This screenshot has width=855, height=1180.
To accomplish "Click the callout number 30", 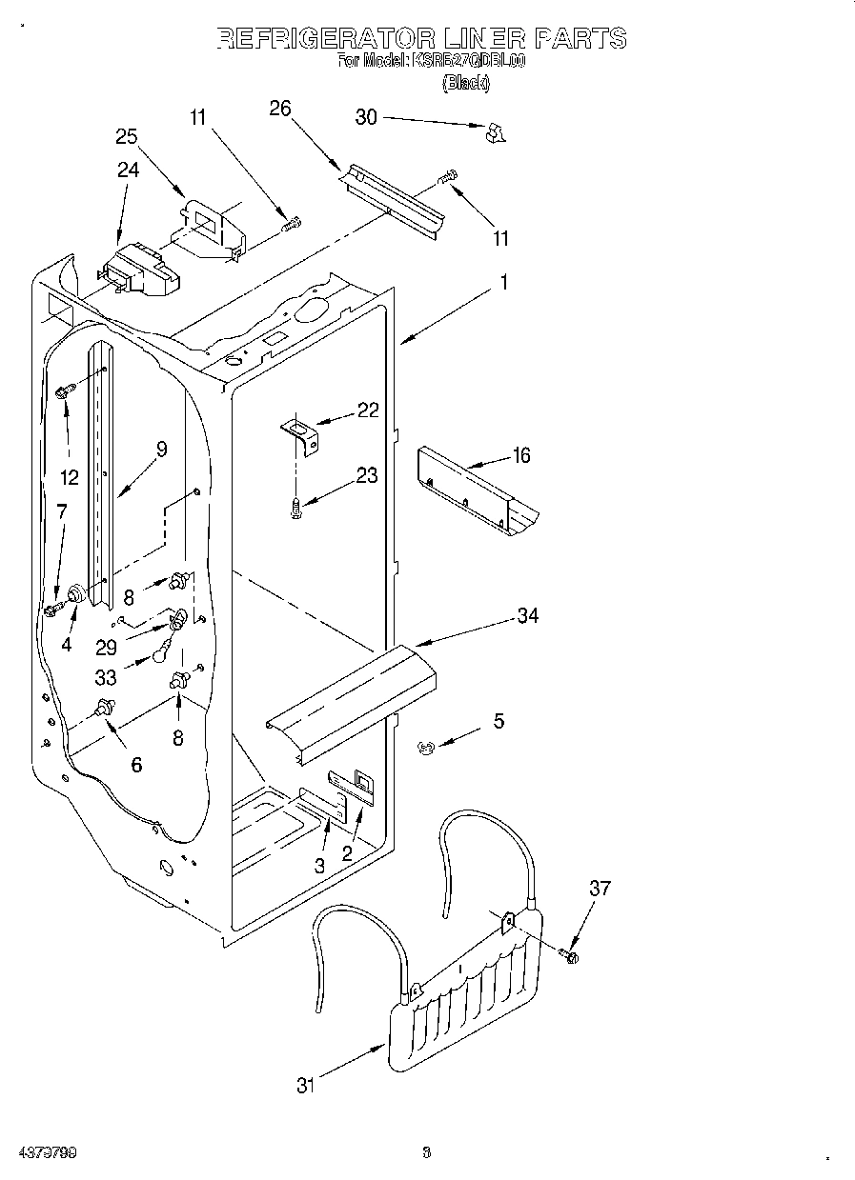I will (366, 117).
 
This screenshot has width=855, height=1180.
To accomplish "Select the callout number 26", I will (279, 108).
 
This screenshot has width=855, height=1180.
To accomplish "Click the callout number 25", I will (127, 136).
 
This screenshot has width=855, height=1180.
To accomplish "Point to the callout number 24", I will (128, 170).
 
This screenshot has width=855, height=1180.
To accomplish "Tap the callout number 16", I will (520, 455).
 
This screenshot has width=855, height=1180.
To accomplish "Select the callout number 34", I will (527, 616).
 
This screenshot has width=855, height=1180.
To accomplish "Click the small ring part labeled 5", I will (425, 748).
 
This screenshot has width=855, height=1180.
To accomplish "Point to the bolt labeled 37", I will (570, 954).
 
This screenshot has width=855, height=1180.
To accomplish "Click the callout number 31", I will (304, 1085).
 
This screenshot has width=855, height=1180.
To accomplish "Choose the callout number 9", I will (161, 450).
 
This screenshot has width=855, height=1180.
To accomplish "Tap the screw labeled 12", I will (65, 390).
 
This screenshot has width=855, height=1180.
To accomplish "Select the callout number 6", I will (136, 764).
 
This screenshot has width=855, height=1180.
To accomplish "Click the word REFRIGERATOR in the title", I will (324, 38).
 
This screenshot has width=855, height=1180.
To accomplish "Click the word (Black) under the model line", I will (466, 84).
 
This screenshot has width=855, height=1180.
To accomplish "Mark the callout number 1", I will (504, 283).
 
